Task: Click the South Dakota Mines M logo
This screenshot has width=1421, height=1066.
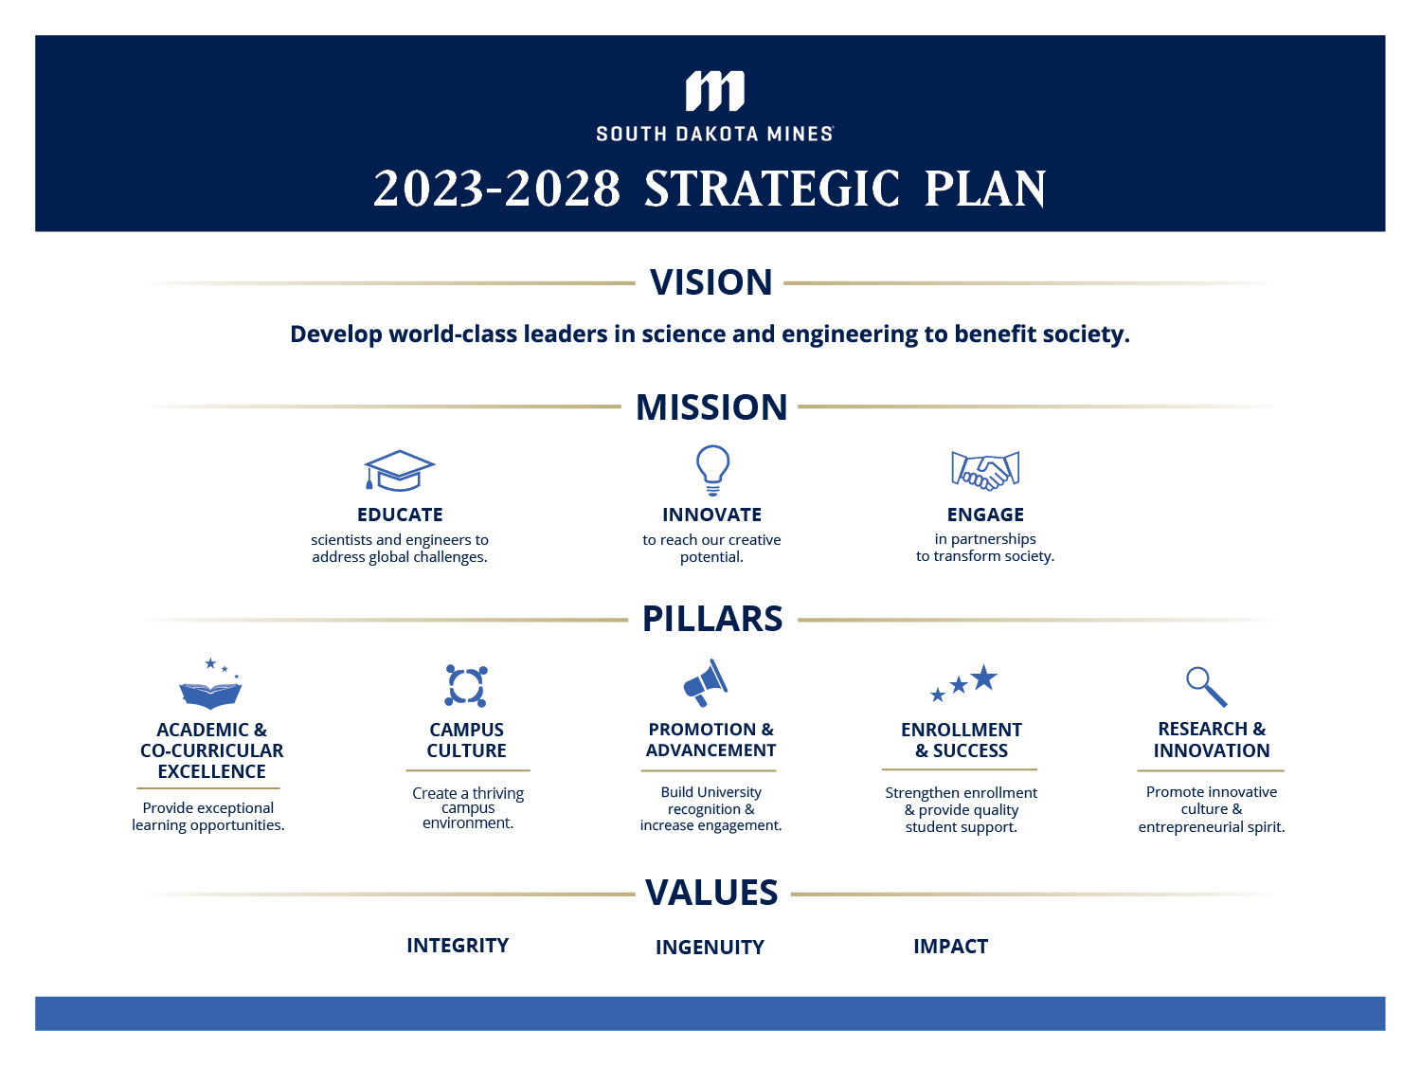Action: [714, 91]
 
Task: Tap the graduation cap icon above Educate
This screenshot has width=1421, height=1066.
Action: [399, 470]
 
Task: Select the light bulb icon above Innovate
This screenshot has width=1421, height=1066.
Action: [712, 469]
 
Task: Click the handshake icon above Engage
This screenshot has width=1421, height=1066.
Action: [985, 470]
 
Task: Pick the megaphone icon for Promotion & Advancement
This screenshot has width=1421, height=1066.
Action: [706, 682]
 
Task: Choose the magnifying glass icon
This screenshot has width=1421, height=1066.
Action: [1206, 686]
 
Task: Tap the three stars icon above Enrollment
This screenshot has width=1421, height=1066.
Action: [963, 682]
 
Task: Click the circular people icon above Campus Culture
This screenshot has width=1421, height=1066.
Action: [466, 685]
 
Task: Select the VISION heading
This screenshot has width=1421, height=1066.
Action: [710, 282]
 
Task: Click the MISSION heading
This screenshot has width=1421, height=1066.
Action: [711, 407]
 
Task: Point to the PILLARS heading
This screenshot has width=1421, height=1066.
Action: [712, 619]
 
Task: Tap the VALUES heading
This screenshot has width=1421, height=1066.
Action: [711, 893]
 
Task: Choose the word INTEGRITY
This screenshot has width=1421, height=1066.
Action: [458, 946]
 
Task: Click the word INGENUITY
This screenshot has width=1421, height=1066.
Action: [710, 948]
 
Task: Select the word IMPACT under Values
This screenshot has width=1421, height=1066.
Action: [950, 947]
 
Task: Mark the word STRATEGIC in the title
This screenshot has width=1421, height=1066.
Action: [772, 189]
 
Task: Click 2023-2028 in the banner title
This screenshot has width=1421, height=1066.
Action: [496, 189]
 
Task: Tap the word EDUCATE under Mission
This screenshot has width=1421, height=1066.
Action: [400, 515]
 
